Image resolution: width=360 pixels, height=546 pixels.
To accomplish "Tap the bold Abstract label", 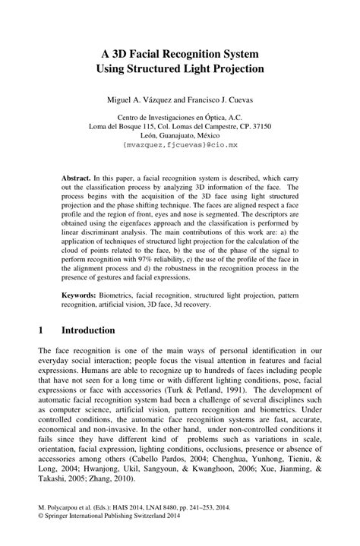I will [x=76, y=174].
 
